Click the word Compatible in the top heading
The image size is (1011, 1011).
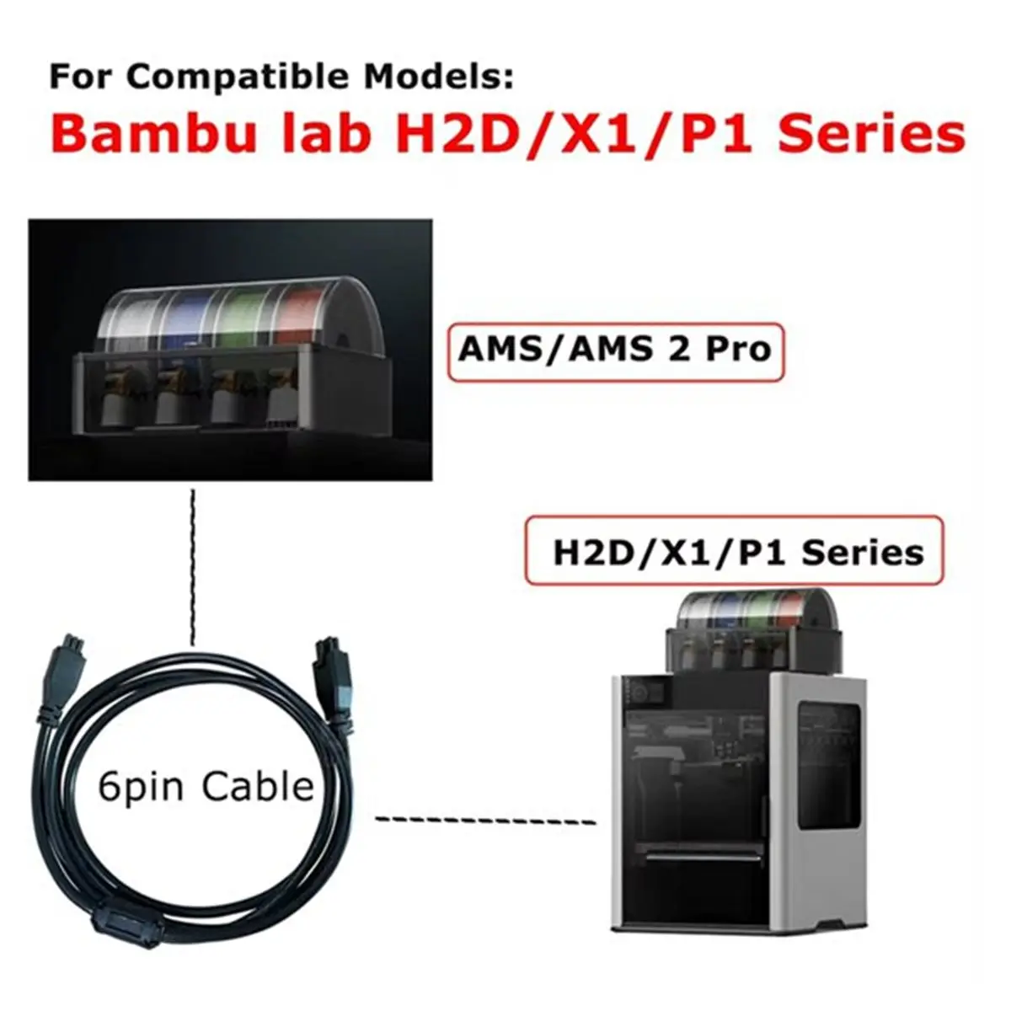point(238,77)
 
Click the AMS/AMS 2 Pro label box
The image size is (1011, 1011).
point(615,350)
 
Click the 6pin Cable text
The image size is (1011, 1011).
point(206,786)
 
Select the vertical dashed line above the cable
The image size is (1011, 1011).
point(193,567)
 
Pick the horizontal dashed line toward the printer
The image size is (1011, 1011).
point(486,821)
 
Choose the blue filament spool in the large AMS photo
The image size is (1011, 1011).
point(190,320)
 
